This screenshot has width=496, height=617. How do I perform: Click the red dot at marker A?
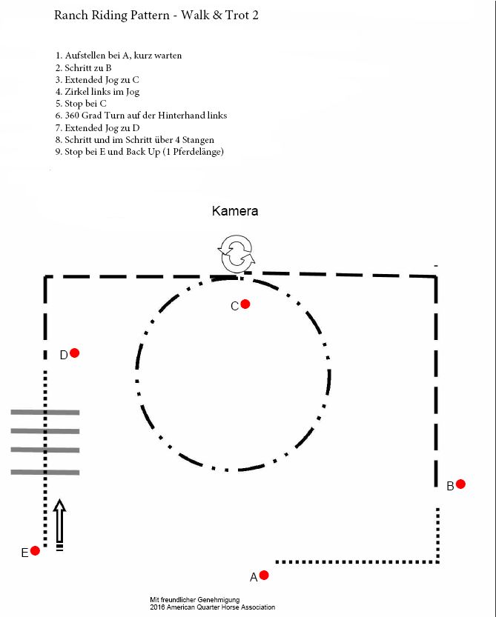264,576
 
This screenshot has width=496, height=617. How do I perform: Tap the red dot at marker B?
460,484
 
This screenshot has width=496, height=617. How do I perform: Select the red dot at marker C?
245,304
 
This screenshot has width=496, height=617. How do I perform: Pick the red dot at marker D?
74,353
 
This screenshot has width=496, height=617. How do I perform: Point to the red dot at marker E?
35,550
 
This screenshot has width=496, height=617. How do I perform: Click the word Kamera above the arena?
235,211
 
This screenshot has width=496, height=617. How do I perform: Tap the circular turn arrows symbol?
237,254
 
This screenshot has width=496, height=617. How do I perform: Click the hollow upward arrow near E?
60,521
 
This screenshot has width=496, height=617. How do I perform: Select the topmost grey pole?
45,412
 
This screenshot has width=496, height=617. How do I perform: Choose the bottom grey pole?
45,472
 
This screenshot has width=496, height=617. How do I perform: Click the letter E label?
24,553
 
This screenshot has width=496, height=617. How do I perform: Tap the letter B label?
450,487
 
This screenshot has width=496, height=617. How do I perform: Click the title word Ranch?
71,15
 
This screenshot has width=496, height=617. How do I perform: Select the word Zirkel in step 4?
76,92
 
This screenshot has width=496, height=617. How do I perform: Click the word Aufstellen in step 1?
86,56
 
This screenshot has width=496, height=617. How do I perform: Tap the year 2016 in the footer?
156,607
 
